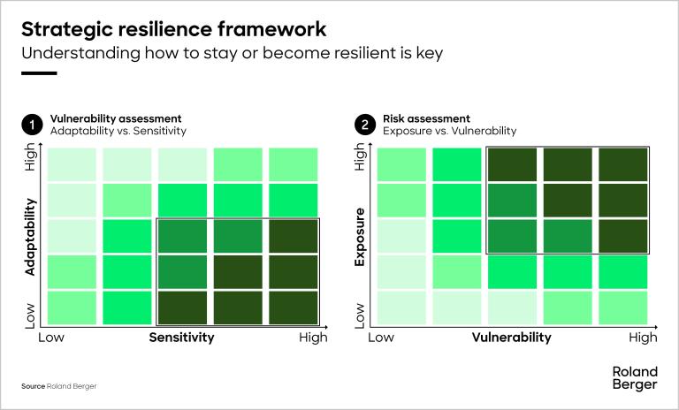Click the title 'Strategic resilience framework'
pos(173,28)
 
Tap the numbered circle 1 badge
pos(32,125)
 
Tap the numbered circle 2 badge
pos(364,125)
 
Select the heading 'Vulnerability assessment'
pos(116,118)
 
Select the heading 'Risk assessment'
pos(426,118)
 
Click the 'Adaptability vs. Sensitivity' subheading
pos(118,131)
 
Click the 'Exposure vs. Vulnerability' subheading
pos(449,131)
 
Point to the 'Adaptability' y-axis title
pos(31,237)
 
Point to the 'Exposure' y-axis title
pos(360,237)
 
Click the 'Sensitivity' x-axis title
pos(181,338)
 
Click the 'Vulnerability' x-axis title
pos(511,338)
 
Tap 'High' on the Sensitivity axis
pos(313,338)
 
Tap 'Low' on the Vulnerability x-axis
pos(380,338)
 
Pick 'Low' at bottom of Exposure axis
pos(360,313)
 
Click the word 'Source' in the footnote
pos(33,387)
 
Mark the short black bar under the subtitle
pos(39,73)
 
